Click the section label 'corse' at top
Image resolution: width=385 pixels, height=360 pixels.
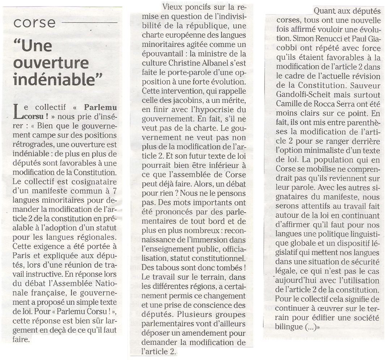[x=34, y=23]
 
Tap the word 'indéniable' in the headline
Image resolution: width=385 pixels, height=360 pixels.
[x=58, y=79]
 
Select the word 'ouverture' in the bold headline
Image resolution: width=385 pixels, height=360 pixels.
[x=51, y=62]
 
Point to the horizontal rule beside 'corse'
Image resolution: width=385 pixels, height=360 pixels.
[x=89, y=23]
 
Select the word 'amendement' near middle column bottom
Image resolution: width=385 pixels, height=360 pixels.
[x=206, y=332]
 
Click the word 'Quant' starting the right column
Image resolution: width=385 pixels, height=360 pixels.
[x=325, y=12]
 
